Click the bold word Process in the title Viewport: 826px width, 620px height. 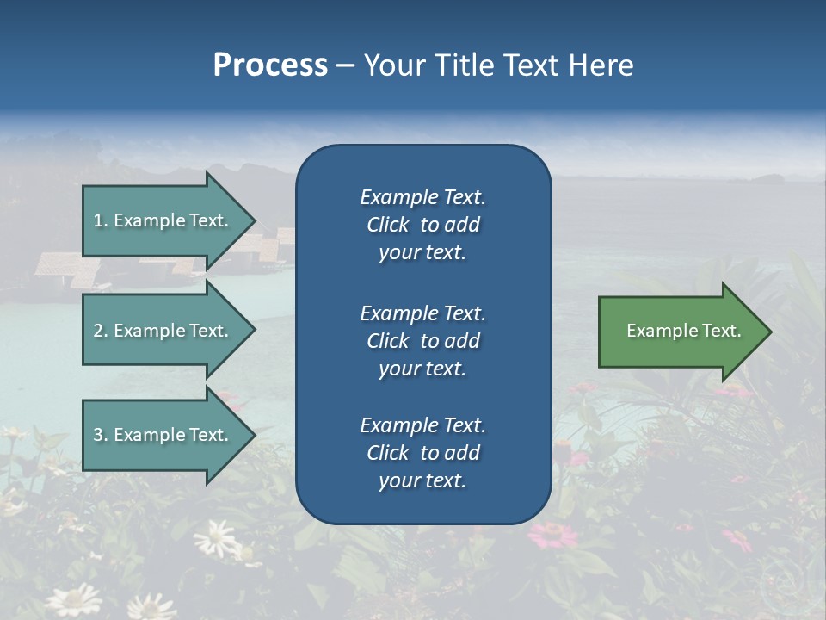click(x=270, y=65)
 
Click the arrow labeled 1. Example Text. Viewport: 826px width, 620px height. click(x=163, y=220)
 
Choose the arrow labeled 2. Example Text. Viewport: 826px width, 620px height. click(x=163, y=331)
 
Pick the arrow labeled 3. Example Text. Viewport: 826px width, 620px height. click(x=163, y=435)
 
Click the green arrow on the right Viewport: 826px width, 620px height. click(x=680, y=332)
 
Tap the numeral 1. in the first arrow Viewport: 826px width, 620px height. click(x=101, y=220)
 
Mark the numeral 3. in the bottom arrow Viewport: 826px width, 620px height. click(x=101, y=435)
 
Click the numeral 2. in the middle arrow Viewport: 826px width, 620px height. click(x=101, y=331)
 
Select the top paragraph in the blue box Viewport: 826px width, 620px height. click(x=422, y=225)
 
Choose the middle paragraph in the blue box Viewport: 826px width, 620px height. click(x=422, y=340)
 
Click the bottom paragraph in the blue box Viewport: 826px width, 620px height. click(x=422, y=453)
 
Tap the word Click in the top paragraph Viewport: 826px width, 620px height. click(x=388, y=225)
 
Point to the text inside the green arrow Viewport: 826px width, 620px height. click(x=683, y=331)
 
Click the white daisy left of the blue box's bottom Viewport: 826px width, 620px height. click(x=215, y=538)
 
